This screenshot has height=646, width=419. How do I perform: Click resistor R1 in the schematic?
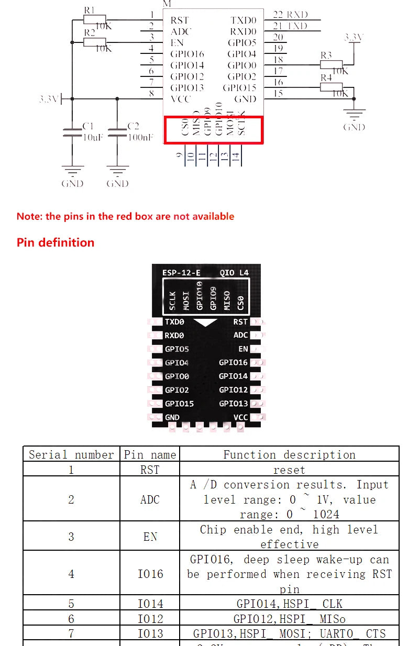coord(95,20)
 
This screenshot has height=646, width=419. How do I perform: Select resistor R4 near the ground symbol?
coord(331,87)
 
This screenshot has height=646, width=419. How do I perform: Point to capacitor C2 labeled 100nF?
coord(117,131)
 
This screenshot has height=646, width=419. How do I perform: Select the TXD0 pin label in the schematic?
coord(244,20)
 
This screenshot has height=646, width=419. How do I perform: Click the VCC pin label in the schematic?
coord(181,99)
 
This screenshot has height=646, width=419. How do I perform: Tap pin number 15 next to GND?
coord(278,94)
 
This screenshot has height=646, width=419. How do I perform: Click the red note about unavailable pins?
coord(125,216)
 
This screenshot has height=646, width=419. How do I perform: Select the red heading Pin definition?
coord(56,242)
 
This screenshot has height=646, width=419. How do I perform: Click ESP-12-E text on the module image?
coord(181,273)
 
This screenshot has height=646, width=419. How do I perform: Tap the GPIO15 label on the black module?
coord(179,404)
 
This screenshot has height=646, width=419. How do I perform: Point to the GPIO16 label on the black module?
coord(233,362)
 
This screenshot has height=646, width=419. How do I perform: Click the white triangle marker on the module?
coord(205,322)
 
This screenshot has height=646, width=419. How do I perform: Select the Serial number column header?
coord(71,454)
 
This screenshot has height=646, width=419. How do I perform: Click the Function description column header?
coord(289,454)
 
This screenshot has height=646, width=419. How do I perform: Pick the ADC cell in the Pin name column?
coord(150,499)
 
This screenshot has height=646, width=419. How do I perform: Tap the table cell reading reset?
coord(289,470)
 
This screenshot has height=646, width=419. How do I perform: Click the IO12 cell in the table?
coord(150,619)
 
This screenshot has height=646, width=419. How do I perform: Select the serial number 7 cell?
coord(71,633)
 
